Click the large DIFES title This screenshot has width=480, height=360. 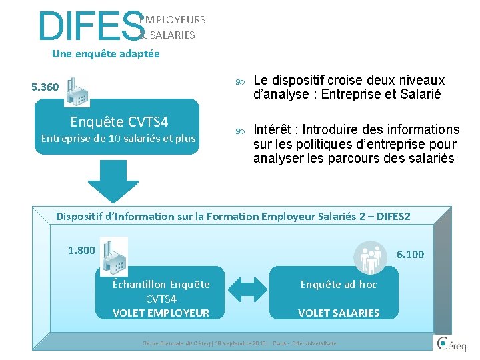coord(90,27)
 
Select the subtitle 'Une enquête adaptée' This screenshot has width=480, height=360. coord(105,54)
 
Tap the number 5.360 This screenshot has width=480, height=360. coord(45,87)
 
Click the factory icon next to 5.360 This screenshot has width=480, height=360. coord(77,91)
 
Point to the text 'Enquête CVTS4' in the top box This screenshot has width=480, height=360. coord(119,121)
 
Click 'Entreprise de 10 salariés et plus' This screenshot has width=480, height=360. coord(119,139)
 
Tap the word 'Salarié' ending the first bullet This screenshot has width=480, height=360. coord(420,95)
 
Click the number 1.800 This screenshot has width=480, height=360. coord(82,251)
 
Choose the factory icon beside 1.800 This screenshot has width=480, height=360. coord(113,257)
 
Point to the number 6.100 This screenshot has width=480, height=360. coord(410,254)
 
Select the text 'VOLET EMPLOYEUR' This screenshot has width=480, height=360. coord(161,313)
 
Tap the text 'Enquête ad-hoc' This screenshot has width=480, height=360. coord(339,285)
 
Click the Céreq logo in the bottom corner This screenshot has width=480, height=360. coord(452,345)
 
